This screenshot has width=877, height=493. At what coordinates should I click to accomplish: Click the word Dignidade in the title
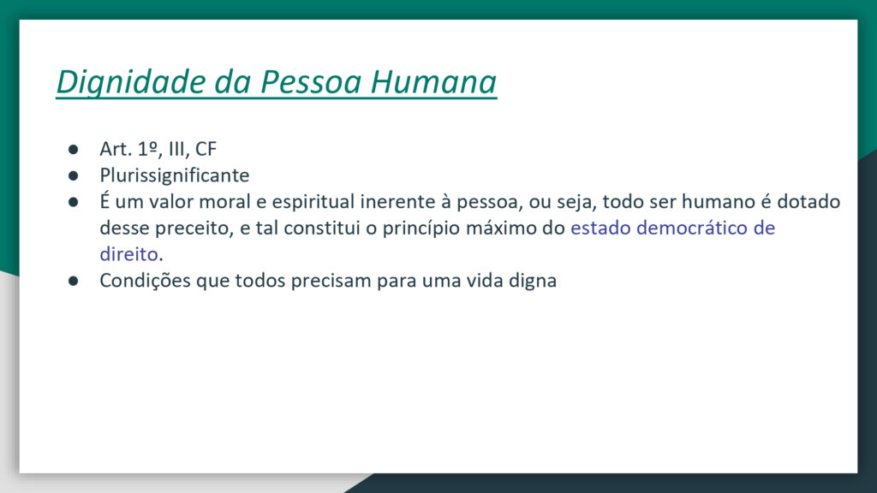[131, 83]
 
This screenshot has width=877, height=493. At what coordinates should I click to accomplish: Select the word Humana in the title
[433, 81]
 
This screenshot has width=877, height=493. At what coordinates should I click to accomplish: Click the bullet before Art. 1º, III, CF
[74, 149]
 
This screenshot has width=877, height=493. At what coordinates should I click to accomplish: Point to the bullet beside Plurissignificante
[74, 175]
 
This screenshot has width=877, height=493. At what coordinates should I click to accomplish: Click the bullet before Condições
[74, 281]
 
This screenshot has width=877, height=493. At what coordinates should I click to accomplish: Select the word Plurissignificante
[175, 175]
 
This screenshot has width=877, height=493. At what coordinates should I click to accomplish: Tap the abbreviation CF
[206, 149]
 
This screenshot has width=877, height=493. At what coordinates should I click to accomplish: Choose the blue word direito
[129, 253]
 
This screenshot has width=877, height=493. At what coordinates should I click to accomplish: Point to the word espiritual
[313, 202]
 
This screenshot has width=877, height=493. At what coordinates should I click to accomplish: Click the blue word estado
[600, 228]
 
